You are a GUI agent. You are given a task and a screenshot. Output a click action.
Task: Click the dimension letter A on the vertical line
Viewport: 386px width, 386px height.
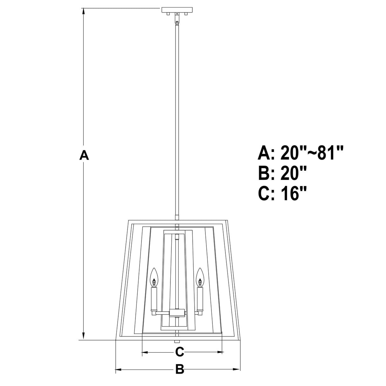pos(84,155)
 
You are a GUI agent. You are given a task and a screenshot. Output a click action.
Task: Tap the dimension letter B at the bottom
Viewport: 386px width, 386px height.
pos(180,369)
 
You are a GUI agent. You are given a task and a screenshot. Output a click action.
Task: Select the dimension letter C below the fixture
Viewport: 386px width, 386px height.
pos(180,352)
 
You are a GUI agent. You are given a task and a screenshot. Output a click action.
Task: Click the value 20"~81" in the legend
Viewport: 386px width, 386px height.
pos(313,153)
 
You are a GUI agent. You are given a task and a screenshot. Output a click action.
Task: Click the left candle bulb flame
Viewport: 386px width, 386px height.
pos(154,277)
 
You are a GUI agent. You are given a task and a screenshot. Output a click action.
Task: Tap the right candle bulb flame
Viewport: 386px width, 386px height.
pos(200,277)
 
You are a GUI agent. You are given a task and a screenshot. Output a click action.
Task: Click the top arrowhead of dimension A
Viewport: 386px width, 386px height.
pos(84,11)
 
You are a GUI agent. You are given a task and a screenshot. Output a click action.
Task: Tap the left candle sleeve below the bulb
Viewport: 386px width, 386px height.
pos(154,299)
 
